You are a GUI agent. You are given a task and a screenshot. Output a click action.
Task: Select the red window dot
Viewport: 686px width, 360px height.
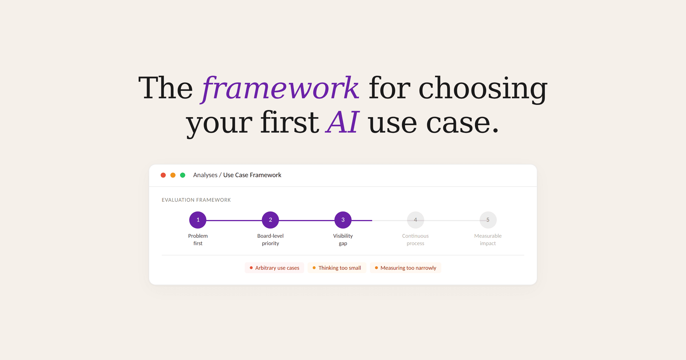point(163,175)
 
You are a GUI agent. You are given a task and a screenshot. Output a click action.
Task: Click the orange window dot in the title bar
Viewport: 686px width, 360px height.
point(173,175)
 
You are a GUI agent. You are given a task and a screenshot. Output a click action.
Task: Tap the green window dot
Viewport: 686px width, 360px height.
point(183,175)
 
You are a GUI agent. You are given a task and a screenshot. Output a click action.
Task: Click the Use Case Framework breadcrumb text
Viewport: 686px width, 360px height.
point(252,175)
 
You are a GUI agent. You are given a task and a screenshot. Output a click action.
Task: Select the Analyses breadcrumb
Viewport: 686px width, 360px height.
point(205,175)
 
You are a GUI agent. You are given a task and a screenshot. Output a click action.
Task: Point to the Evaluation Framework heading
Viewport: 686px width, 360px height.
point(196,200)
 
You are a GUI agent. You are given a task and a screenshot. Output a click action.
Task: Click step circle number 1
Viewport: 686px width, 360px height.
point(198,220)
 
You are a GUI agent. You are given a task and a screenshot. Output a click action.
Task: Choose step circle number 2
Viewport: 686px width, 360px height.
point(270,220)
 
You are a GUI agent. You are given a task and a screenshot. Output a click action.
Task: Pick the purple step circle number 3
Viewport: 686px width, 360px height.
point(343,220)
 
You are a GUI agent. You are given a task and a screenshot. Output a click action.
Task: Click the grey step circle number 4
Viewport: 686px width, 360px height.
point(416,220)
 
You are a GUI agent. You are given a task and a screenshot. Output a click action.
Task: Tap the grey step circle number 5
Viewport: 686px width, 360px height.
point(488,220)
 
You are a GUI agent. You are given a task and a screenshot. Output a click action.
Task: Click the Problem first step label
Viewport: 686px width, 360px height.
point(198,239)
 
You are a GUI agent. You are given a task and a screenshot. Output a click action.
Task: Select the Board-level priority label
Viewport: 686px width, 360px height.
point(270,239)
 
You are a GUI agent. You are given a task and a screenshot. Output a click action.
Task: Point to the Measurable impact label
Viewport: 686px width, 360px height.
point(488,239)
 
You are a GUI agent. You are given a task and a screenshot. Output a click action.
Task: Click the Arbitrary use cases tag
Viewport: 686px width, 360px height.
point(274,268)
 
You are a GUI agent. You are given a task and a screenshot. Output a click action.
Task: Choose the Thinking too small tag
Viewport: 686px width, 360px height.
point(337,268)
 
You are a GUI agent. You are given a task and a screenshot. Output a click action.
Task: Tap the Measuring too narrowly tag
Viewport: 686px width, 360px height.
point(406,268)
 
